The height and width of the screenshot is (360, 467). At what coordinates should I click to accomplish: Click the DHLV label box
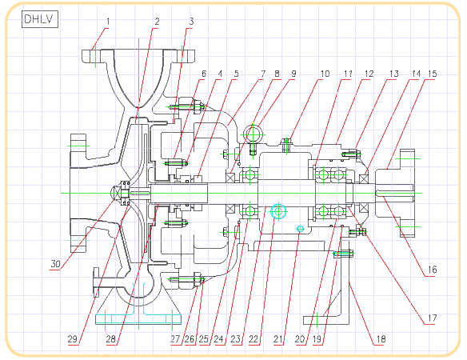(40, 19)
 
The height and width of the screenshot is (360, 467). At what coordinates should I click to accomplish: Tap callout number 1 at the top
(108, 22)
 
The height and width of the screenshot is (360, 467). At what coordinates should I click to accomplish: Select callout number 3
(191, 22)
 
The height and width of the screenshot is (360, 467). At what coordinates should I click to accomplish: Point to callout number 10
(325, 74)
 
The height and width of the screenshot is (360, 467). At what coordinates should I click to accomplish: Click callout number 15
(433, 74)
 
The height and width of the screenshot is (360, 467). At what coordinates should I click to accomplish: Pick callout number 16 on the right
(432, 270)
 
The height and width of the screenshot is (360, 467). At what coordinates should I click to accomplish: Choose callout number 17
(432, 318)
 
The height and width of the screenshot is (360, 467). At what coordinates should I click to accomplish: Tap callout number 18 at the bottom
(381, 339)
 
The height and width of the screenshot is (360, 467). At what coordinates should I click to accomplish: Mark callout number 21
(278, 339)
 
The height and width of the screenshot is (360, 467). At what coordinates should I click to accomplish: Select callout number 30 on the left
(55, 264)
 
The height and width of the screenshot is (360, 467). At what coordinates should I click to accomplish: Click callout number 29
(73, 339)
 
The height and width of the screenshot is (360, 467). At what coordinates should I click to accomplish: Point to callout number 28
(111, 339)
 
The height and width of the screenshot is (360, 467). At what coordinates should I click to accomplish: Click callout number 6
(204, 74)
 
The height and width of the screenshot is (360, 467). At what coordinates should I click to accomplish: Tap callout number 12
(369, 74)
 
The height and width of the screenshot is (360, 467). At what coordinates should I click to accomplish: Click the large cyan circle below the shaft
(278, 211)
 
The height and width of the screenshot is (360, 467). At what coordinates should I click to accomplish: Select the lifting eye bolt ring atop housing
(253, 134)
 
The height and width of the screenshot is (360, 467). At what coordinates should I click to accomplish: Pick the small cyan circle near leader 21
(300, 229)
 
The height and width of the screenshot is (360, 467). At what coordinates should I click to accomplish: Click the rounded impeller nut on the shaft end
(116, 193)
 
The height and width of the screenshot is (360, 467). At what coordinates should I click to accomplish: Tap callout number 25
(204, 339)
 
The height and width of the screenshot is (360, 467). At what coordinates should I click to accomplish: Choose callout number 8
(277, 74)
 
